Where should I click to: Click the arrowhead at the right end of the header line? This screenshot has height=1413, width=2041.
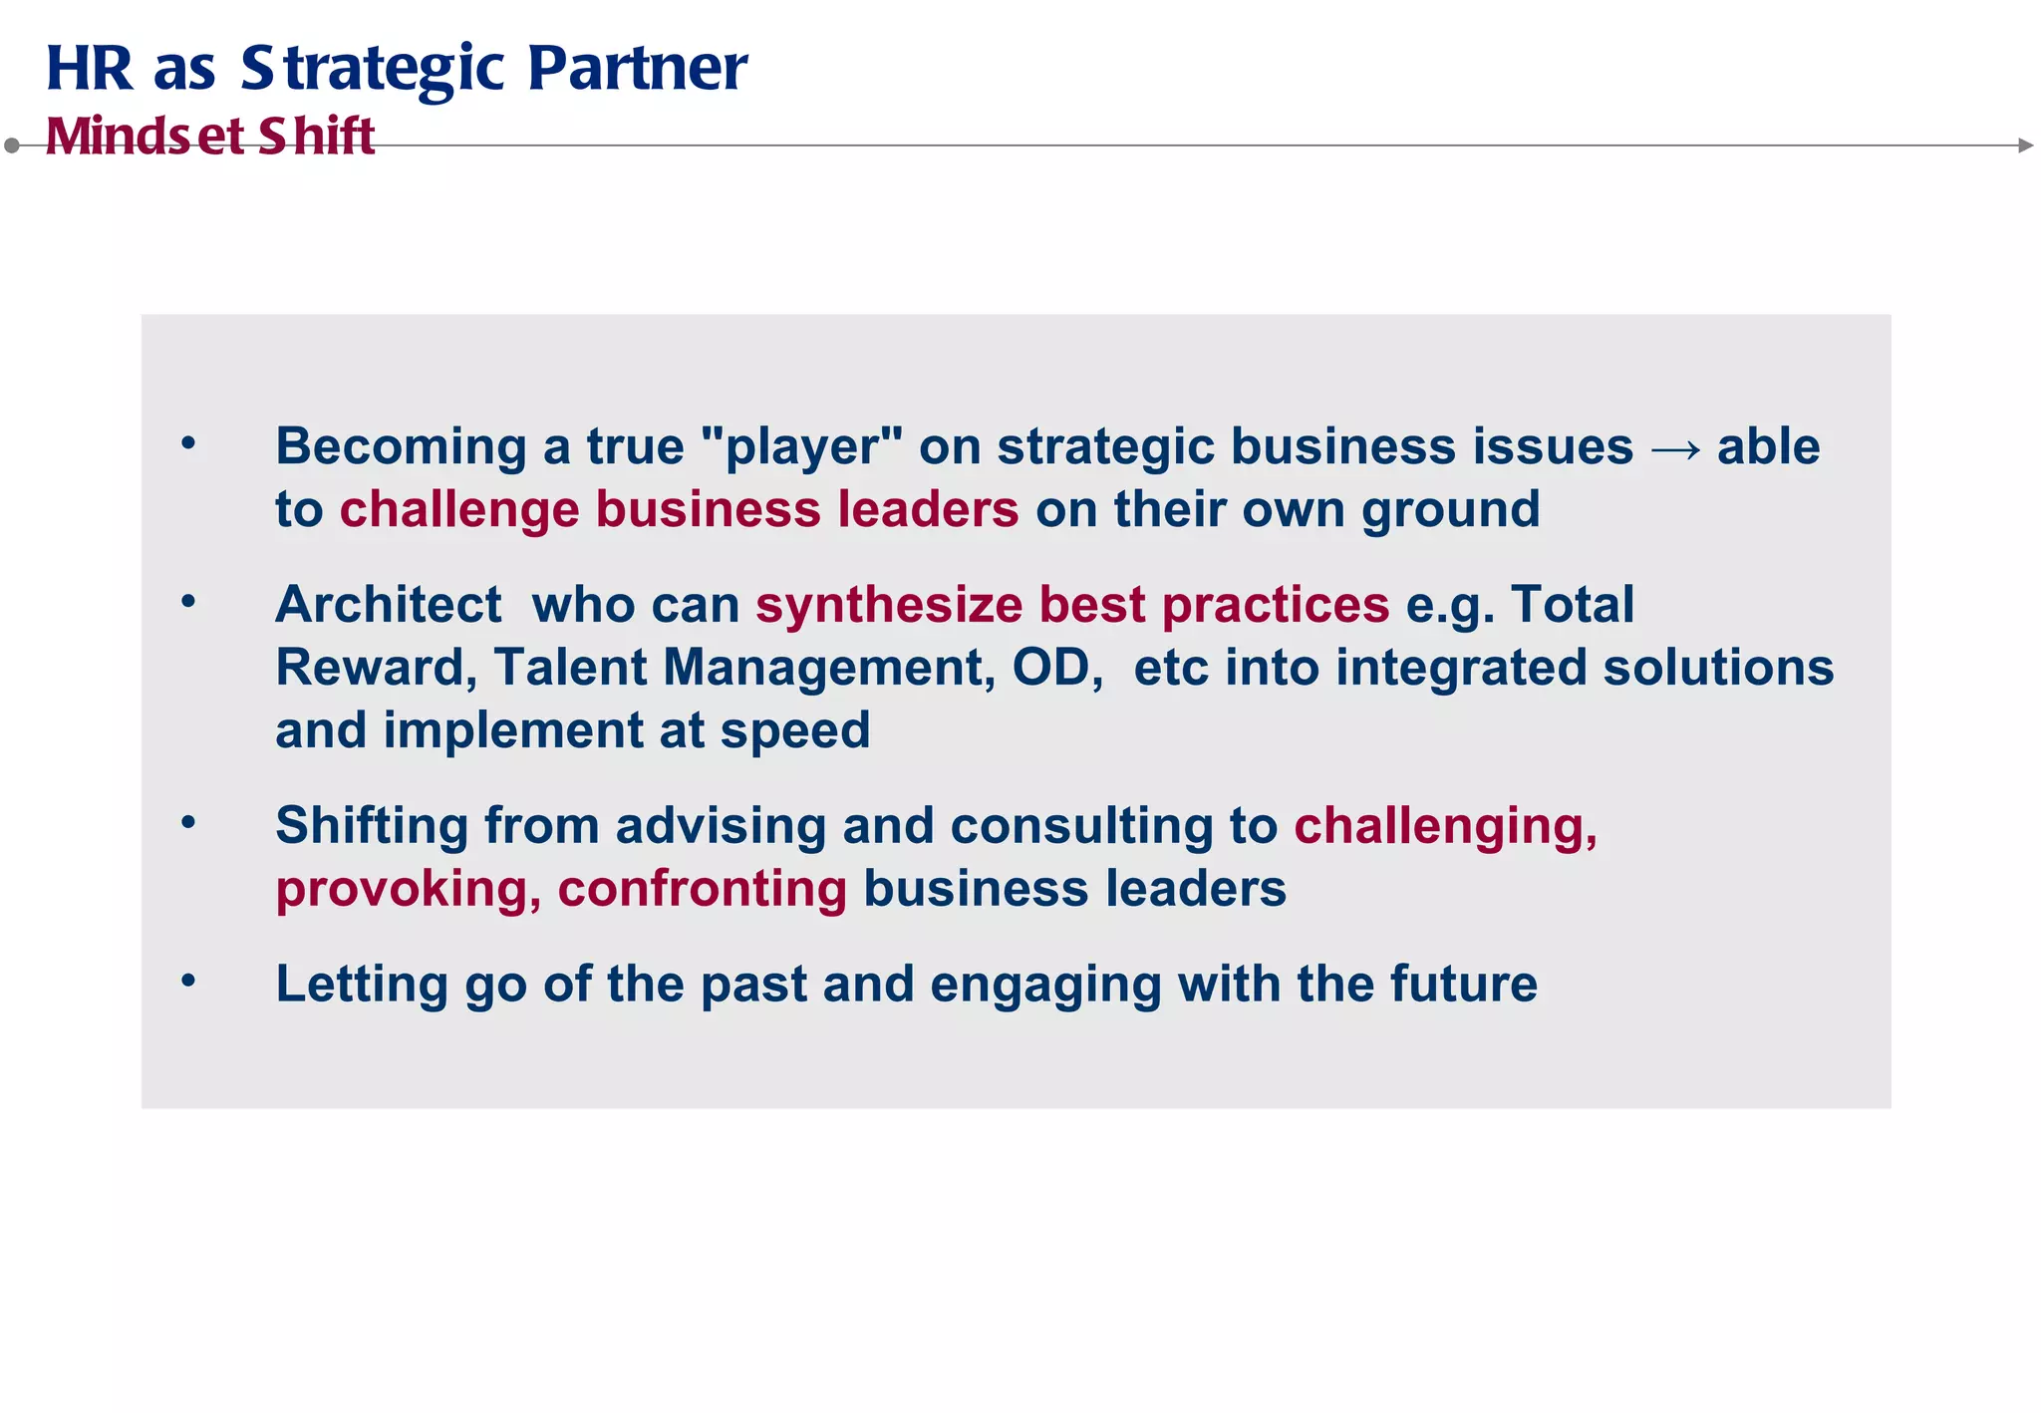click(2025, 145)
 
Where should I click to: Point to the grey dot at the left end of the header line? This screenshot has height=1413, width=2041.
click(12, 145)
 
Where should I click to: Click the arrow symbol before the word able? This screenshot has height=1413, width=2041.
click(1675, 448)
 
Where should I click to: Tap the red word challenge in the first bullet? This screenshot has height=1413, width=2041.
click(458, 509)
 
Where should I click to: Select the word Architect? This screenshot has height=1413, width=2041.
click(389, 605)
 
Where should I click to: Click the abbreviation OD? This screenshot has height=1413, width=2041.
click(1057, 668)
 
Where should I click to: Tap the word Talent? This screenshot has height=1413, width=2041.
click(570, 668)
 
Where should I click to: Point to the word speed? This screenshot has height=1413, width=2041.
click(794, 732)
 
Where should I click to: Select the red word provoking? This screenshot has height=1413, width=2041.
click(408, 890)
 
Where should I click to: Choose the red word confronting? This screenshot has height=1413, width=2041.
click(702, 889)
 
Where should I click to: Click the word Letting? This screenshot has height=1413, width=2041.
click(362, 986)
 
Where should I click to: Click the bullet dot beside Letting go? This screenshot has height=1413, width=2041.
click(188, 982)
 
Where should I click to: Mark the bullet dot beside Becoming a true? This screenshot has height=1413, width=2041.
click(188, 443)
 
